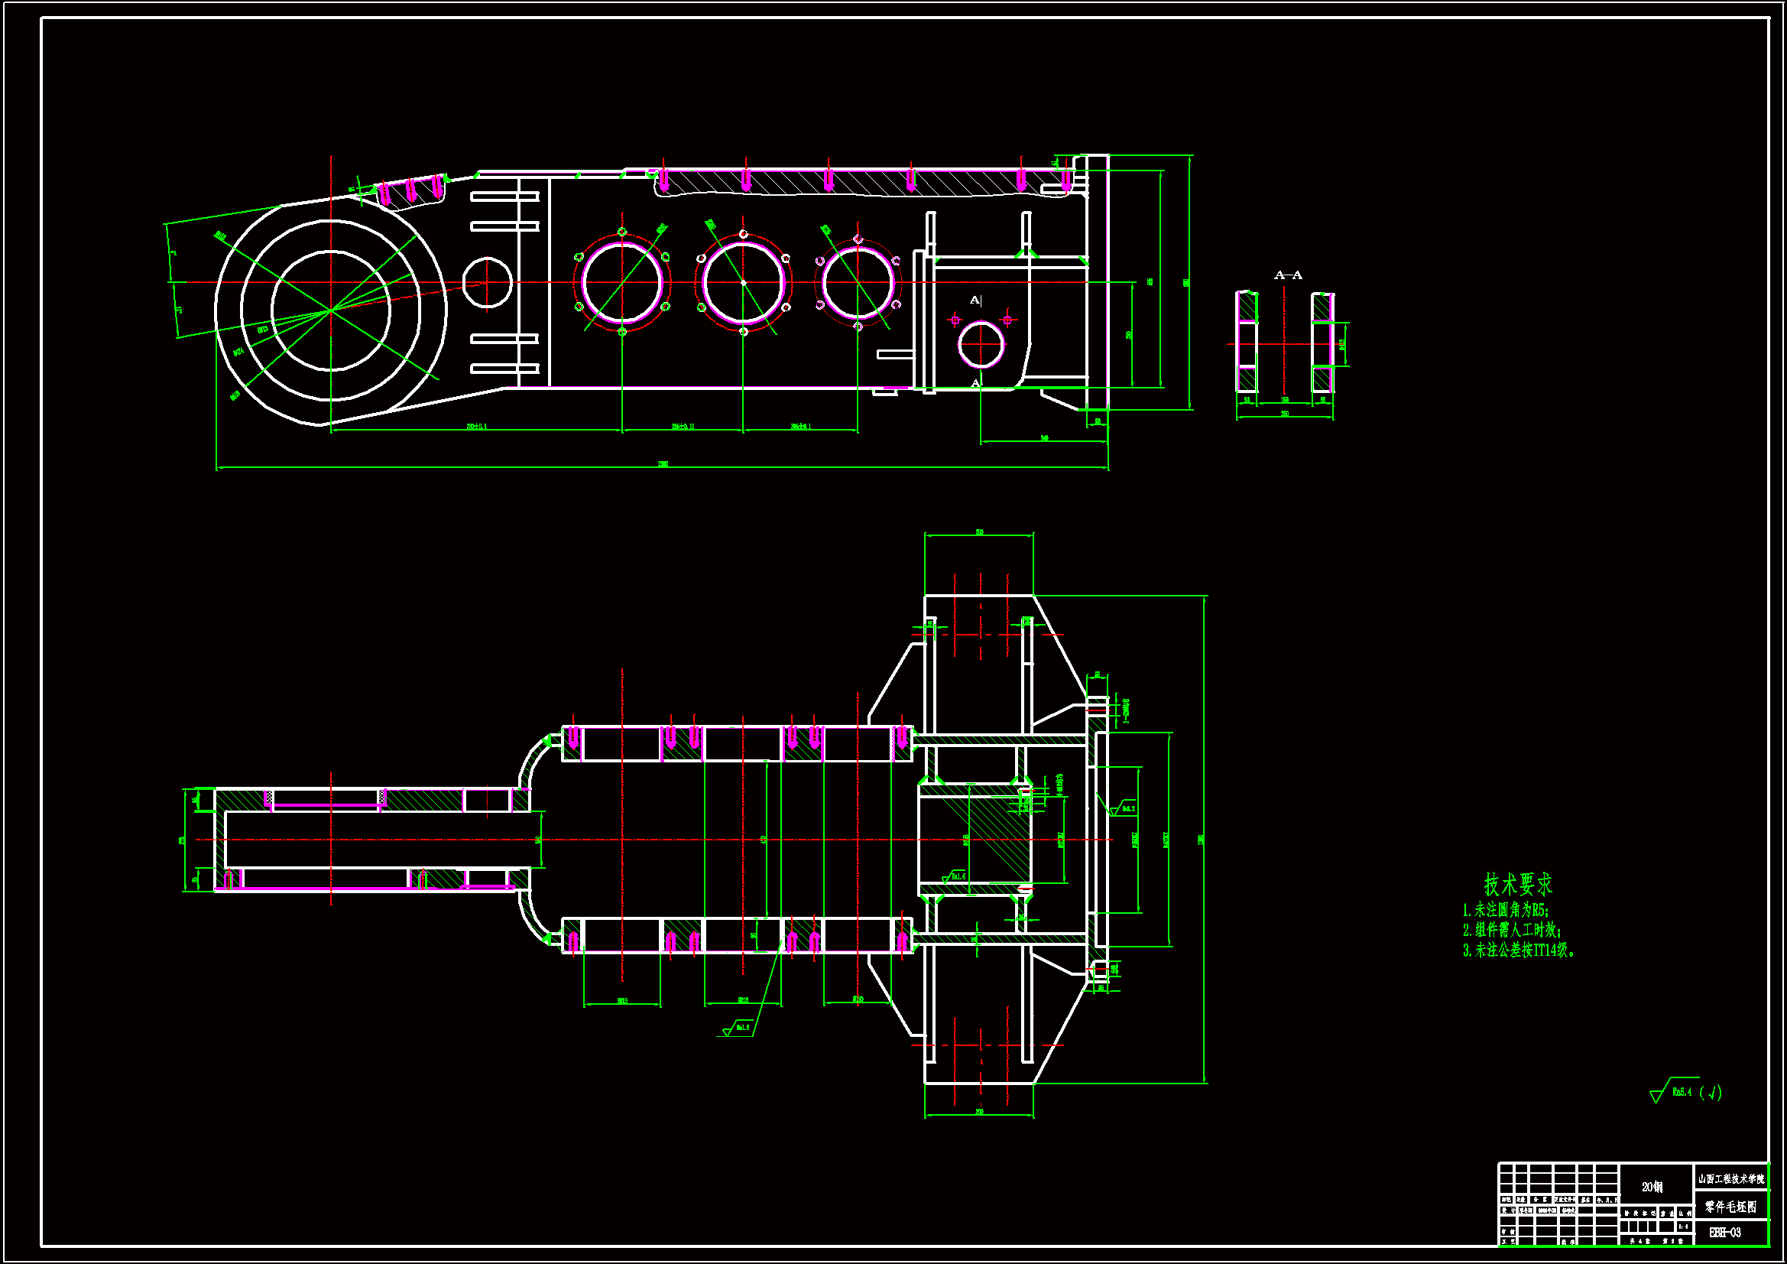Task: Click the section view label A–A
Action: tap(1287, 275)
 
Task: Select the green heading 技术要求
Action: tap(1517, 885)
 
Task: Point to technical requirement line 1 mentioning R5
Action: tap(1505, 910)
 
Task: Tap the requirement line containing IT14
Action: tap(1517, 950)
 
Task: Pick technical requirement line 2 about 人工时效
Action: tap(1512, 930)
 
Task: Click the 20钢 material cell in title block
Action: tap(1652, 1187)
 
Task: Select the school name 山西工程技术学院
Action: tap(1731, 1179)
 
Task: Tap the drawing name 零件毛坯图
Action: tap(1731, 1207)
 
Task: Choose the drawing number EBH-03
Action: tap(1725, 1232)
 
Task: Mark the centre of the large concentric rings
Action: tap(331, 310)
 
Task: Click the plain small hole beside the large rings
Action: tap(487, 283)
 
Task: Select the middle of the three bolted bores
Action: tap(743, 283)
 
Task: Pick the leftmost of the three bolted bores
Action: tap(622, 283)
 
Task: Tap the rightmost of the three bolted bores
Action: tap(858, 283)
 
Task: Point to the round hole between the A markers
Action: tap(981, 344)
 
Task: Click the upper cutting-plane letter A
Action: tap(975, 301)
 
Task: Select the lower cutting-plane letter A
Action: tap(975, 383)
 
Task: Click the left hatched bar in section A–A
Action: tap(1247, 343)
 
